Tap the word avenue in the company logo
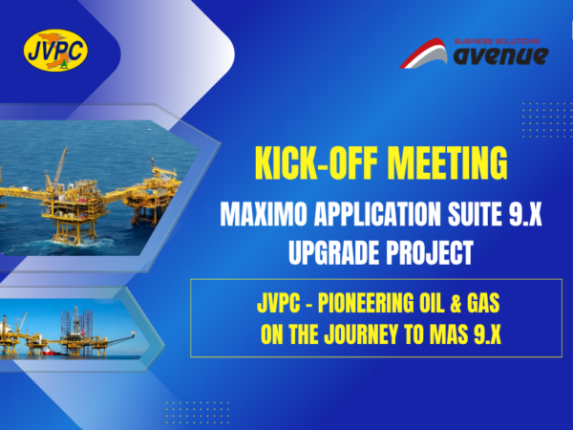[x=500, y=56]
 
